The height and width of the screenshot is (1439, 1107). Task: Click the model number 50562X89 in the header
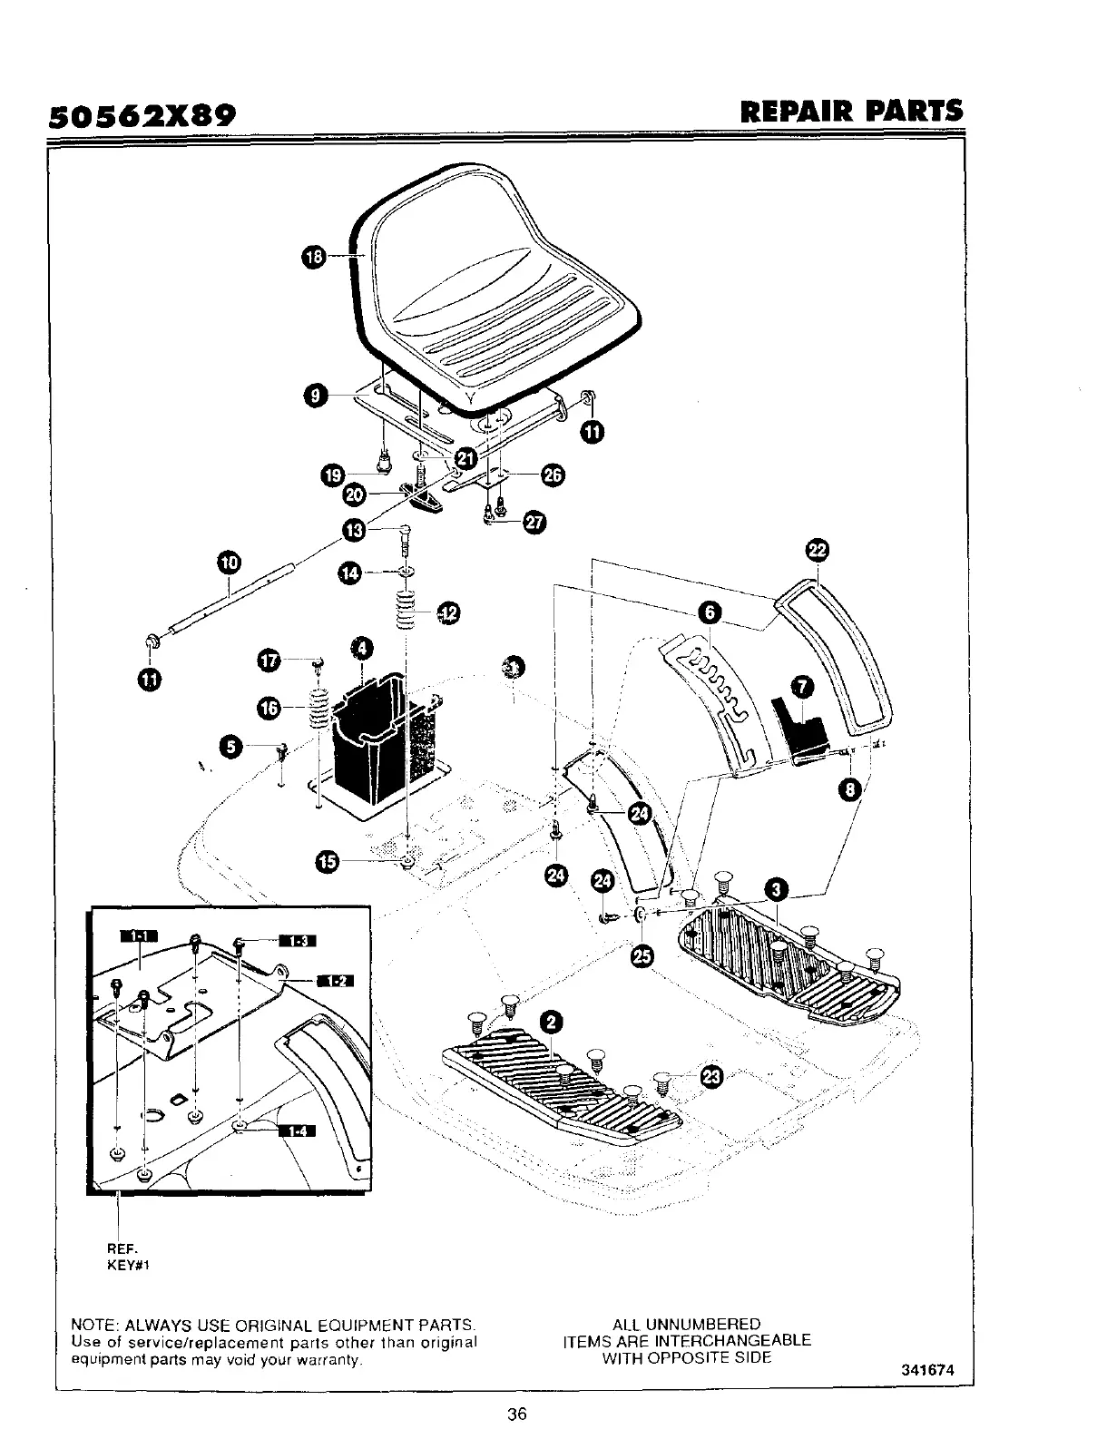[x=142, y=115]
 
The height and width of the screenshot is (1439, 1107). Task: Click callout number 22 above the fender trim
[x=818, y=550]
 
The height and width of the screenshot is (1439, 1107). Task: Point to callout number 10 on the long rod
[x=230, y=563]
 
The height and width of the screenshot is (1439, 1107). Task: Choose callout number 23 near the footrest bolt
[x=712, y=1077]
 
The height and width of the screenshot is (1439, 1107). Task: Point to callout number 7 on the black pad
[x=807, y=685]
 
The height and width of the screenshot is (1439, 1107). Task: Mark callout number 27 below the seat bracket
[x=534, y=524]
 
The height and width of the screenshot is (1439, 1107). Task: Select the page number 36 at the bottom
[x=517, y=1414]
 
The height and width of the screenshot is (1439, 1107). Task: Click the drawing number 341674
[x=928, y=1370]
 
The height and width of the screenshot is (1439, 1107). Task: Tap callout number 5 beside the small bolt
[x=233, y=746]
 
